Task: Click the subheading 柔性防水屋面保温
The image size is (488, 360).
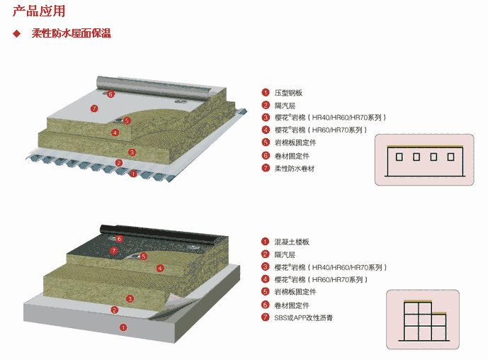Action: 71,33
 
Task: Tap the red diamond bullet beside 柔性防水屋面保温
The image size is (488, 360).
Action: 16,33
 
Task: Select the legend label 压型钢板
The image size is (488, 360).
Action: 288,93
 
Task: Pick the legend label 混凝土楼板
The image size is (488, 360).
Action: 291,242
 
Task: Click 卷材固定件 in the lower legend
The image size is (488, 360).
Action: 291,305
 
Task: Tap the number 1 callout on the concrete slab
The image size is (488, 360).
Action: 123,327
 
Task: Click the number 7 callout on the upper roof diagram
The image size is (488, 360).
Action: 93,108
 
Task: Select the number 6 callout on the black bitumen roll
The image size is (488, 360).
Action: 119,239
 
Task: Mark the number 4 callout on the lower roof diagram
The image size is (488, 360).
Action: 160,268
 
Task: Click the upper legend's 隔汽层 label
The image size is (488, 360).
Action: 285,106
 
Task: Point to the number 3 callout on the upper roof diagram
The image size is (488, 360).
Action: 132,152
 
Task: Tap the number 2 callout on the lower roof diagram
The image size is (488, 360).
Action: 115,310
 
